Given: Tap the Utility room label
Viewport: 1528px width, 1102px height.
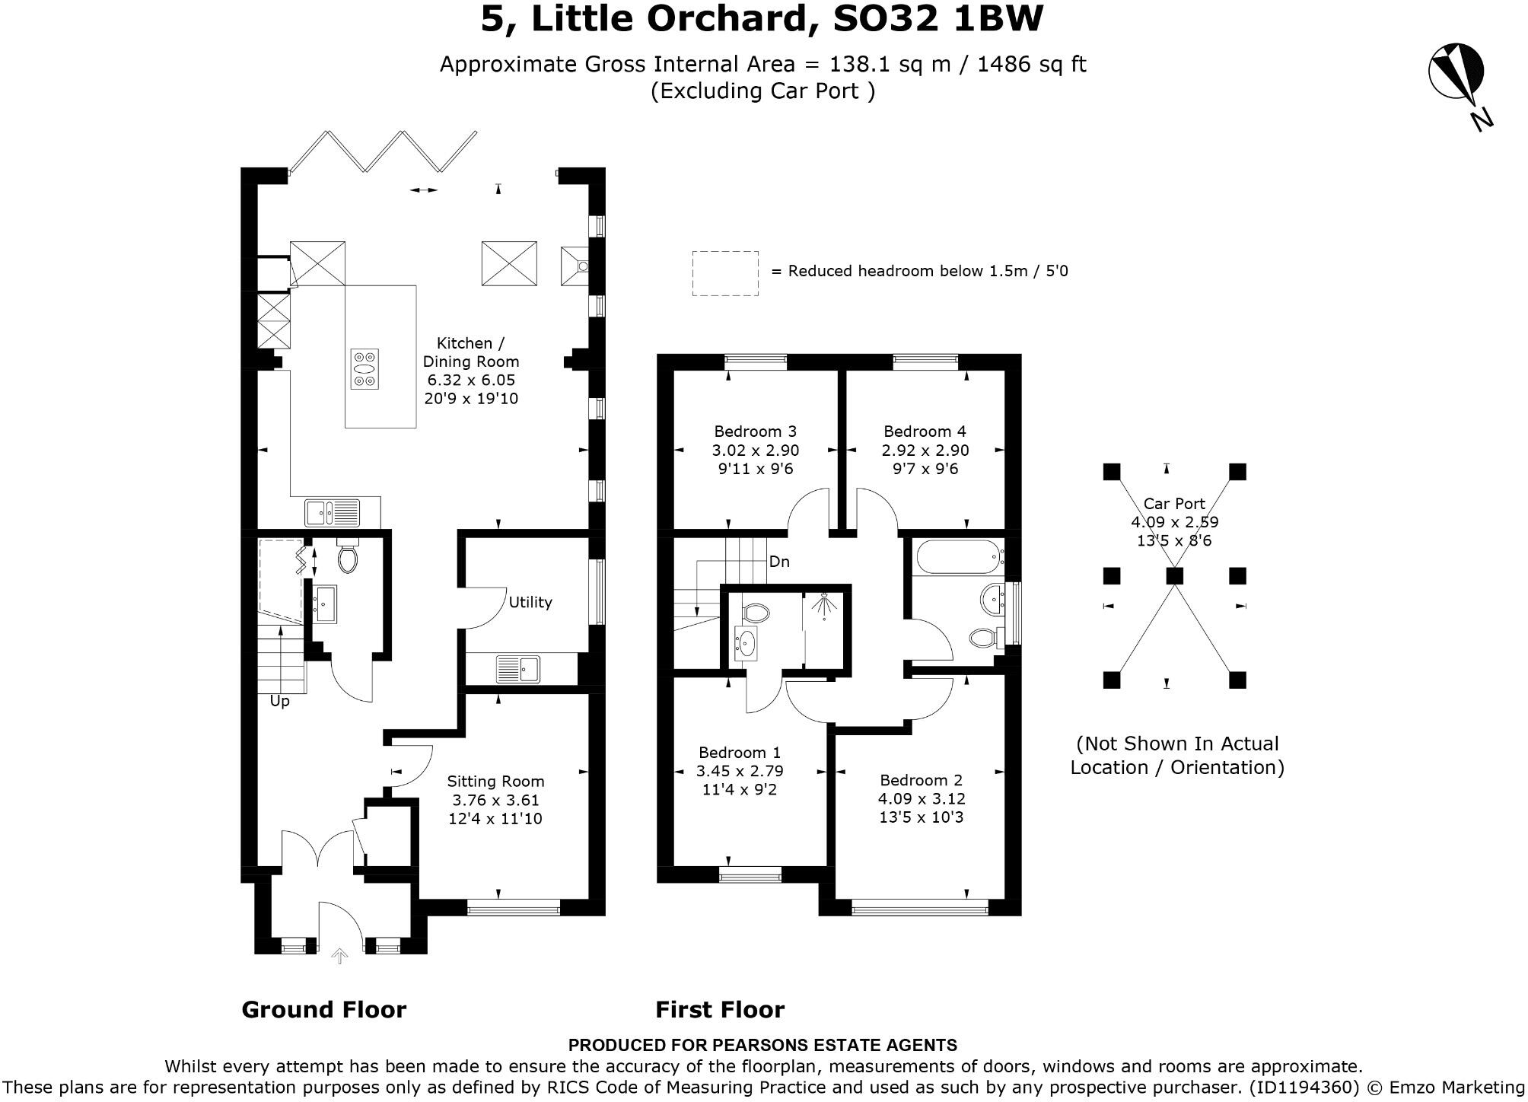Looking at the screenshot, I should pyautogui.click(x=530, y=602).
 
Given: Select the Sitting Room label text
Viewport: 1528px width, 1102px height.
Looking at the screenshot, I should pyautogui.click(x=495, y=781).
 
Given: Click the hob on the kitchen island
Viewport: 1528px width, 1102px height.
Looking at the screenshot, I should pyautogui.click(x=364, y=369).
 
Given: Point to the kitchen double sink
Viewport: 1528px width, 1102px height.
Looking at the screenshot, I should pyautogui.click(x=333, y=512).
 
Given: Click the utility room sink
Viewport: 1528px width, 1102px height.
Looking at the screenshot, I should pyautogui.click(x=518, y=669).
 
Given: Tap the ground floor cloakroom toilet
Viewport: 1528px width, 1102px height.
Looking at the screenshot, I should pyautogui.click(x=348, y=558).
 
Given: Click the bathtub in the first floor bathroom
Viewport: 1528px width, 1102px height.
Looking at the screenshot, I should pyautogui.click(x=957, y=557).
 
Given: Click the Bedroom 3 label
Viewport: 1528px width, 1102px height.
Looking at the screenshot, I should pyautogui.click(x=755, y=432).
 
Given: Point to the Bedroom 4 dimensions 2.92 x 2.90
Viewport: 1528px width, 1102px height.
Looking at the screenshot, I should pyautogui.click(x=925, y=451).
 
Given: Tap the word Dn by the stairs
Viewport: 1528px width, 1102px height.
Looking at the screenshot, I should pyautogui.click(x=779, y=562).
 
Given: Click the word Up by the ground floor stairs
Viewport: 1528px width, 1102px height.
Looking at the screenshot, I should pyautogui.click(x=279, y=701).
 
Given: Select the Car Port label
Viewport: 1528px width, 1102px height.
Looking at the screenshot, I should pyautogui.click(x=1174, y=504).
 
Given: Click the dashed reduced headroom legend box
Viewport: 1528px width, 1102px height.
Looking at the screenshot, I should pyautogui.click(x=724, y=273).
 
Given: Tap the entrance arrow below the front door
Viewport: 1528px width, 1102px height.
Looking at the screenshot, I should pyautogui.click(x=339, y=956).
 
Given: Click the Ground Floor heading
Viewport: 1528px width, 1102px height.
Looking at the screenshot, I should pyautogui.click(x=323, y=1009).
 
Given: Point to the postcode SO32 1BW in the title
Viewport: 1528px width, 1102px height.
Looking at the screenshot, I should pyautogui.click(x=937, y=18).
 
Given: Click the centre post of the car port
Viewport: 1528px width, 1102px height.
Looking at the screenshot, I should pyautogui.click(x=1174, y=575).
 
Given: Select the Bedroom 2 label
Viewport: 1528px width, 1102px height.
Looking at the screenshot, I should pyautogui.click(x=921, y=780).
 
